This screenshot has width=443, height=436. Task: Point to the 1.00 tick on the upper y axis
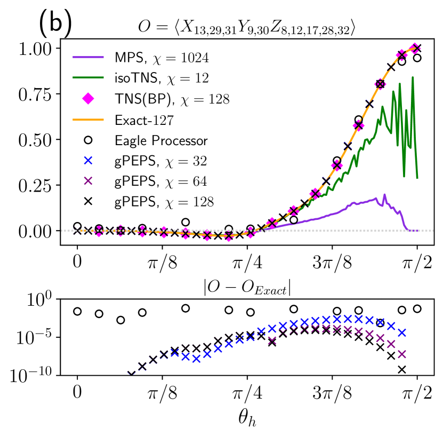(37, 49)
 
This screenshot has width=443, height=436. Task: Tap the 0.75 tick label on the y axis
(37, 94)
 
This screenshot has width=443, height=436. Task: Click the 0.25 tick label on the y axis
(37, 185)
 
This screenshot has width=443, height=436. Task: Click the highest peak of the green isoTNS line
(413, 77)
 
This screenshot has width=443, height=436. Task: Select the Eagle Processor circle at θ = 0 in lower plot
(77, 311)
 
